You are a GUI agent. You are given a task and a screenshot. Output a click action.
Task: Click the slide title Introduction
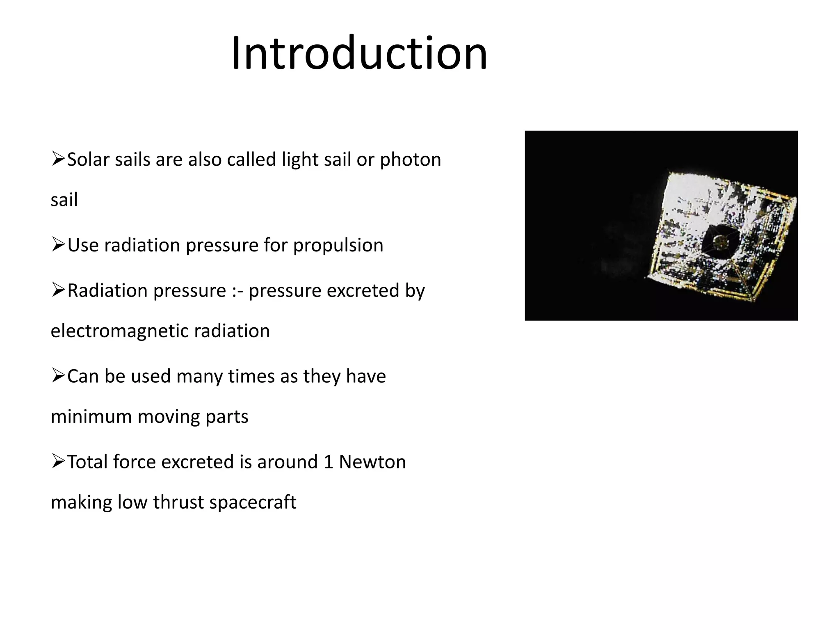tap(359, 53)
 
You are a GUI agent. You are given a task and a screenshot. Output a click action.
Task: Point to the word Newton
tap(372, 462)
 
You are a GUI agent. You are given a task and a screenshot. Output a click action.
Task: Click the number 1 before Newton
tap(328, 462)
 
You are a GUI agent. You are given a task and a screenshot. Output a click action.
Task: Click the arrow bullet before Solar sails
tap(58, 159)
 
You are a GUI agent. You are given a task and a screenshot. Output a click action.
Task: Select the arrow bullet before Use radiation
tap(58, 245)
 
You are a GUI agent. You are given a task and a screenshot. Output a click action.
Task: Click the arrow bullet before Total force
tap(58, 461)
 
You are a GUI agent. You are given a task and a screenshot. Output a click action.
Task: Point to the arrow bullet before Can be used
tap(58, 376)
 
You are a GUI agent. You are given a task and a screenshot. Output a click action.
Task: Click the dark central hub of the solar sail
tap(719, 242)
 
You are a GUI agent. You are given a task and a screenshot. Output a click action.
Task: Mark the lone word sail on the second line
tap(64, 200)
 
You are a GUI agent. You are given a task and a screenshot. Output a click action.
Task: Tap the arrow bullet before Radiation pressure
tap(58, 290)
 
